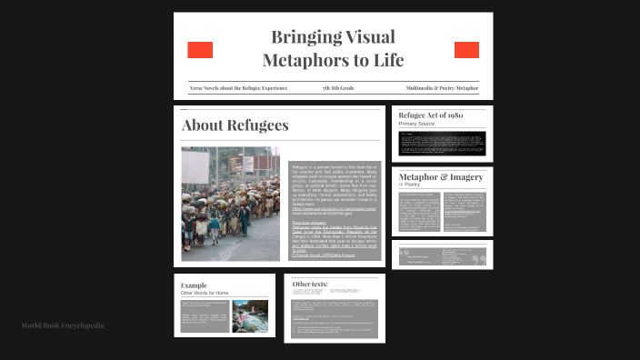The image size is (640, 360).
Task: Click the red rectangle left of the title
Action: click(x=200, y=50)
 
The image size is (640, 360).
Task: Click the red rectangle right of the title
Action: click(x=466, y=50)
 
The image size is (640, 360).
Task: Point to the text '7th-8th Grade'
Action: click(x=338, y=88)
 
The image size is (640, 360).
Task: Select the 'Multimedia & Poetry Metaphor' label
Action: click(x=442, y=88)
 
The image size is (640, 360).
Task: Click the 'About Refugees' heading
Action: click(x=235, y=125)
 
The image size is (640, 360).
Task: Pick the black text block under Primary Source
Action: click(x=442, y=143)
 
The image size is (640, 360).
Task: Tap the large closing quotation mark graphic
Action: click(x=478, y=258)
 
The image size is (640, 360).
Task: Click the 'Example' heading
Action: click(x=195, y=285)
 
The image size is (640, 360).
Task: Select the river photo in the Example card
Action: click(x=250, y=315)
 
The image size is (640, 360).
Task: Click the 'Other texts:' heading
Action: click(x=310, y=285)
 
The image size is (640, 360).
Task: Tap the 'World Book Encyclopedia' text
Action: click(x=63, y=325)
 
